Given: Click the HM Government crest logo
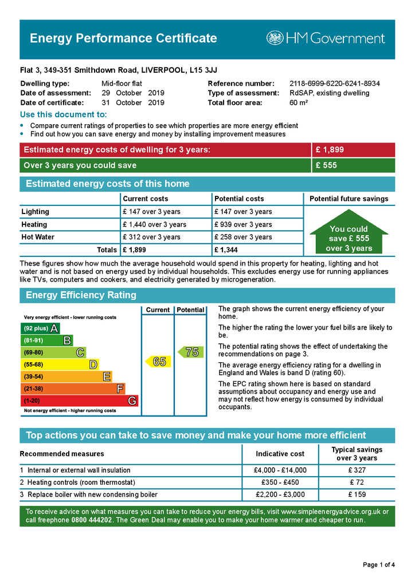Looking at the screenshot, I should (x=275, y=38).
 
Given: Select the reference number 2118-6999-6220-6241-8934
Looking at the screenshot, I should (x=335, y=84).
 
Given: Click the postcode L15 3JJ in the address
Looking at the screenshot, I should (x=204, y=70).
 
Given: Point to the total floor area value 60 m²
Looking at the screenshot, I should (x=299, y=103).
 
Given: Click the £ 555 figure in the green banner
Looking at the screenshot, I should (x=326, y=166).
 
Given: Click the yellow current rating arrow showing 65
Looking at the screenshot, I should (x=158, y=362).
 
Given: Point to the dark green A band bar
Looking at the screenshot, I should (x=40, y=328).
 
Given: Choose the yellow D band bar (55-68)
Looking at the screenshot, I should (x=60, y=365).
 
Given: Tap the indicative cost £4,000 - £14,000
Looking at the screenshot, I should (x=280, y=470).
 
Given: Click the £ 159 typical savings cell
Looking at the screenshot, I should (x=357, y=494).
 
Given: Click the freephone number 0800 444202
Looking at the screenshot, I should (x=92, y=520).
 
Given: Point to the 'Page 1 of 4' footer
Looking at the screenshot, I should (x=379, y=565).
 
